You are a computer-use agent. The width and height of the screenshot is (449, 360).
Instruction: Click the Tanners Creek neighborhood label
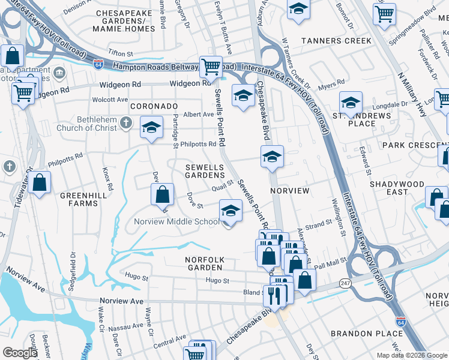click(336, 41)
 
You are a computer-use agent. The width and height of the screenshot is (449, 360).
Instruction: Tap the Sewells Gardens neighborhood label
click(196, 171)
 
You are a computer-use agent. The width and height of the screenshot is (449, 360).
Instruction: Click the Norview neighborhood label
click(290, 191)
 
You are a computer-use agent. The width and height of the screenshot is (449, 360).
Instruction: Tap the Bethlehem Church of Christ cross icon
click(125, 123)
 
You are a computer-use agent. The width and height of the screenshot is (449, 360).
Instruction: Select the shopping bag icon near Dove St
click(162, 194)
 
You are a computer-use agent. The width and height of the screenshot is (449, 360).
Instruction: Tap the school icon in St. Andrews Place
click(351, 102)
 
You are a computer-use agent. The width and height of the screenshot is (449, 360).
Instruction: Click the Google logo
click(20, 353)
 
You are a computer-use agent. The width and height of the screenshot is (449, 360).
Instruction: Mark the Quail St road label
click(222, 187)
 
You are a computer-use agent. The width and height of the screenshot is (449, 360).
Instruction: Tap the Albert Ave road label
click(199, 114)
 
